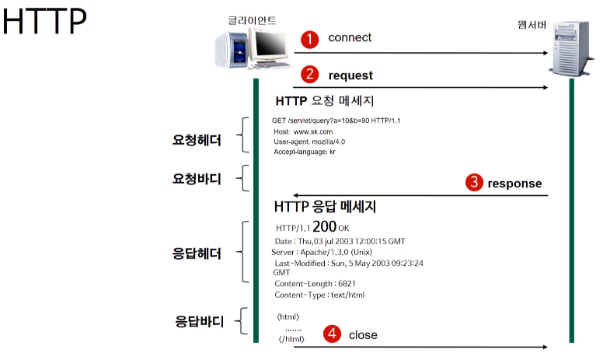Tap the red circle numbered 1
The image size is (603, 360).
click(x=310, y=39)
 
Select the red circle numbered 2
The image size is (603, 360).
click(x=310, y=75)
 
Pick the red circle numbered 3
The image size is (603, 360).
click(x=473, y=183)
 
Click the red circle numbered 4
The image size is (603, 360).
click(x=332, y=334)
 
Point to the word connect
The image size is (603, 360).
click(x=350, y=37)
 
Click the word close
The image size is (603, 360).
click(x=363, y=335)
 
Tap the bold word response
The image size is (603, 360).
click(x=514, y=183)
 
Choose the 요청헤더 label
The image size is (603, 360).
click(x=197, y=141)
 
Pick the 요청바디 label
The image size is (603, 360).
click(x=197, y=179)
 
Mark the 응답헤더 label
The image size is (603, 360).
click(x=197, y=253)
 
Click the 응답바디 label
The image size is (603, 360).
click(x=197, y=320)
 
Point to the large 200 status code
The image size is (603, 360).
click(x=324, y=227)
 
